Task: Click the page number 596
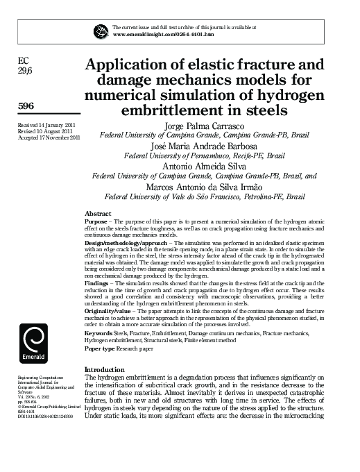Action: (26, 106)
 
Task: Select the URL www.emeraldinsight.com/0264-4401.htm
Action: (162, 34)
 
